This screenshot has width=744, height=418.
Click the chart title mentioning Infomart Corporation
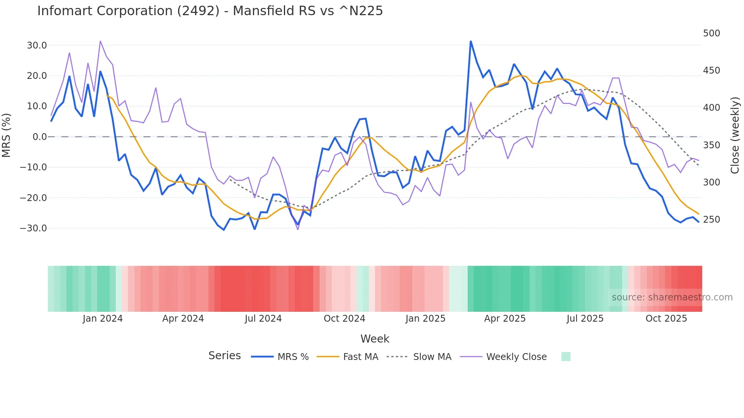point(210,11)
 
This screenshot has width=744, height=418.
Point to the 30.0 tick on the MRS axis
point(37,46)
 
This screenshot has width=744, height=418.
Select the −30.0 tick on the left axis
point(33,228)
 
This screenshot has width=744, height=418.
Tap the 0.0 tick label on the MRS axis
point(39,137)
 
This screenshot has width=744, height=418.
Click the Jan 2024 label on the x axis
point(102,319)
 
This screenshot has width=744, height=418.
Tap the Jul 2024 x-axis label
point(263,319)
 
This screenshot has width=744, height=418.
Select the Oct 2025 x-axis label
point(666,319)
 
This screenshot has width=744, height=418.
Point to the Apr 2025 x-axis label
point(505,319)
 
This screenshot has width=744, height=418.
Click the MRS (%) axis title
point(6,135)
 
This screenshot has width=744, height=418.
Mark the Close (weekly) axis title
point(735,135)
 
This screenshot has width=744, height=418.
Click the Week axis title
point(375,339)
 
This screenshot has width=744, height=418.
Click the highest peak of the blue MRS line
point(471,41)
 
